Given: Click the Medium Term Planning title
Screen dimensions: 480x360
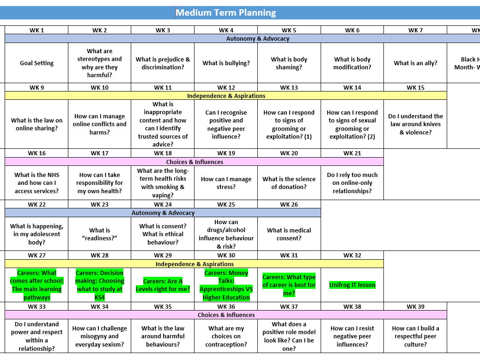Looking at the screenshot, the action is point(225,12).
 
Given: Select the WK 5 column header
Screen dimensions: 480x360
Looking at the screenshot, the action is point(289,30).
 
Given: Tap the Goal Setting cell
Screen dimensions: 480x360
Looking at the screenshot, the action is point(36,63).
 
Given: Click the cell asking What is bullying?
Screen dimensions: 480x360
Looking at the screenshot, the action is point(226,63).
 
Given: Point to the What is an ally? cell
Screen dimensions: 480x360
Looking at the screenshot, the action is point(415,63).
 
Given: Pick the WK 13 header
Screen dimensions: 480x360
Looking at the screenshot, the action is point(289,87).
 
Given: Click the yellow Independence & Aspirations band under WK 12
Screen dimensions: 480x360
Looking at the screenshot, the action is point(226,96).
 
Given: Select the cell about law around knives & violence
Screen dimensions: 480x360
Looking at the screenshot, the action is point(415,124).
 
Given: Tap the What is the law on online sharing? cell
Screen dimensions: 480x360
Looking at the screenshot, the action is point(36,124).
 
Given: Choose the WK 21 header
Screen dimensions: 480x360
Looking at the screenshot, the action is point(352,153).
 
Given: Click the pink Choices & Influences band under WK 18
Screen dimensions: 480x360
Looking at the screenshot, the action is point(194,162).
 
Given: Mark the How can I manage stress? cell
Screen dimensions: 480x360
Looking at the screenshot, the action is point(226,183).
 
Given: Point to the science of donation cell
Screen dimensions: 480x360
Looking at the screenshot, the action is point(289,183).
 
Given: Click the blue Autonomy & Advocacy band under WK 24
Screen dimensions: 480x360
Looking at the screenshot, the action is point(163,213).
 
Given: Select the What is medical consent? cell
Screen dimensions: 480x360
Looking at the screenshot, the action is point(289,234).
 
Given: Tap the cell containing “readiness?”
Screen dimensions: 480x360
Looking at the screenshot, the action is point(99,234).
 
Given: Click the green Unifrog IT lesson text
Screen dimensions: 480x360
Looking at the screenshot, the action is point(352,285).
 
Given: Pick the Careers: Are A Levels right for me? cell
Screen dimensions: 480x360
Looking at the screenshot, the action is point(163,285).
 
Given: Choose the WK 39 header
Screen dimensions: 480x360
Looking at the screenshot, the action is point(415,306).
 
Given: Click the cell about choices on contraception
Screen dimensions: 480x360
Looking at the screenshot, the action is point(226,336).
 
